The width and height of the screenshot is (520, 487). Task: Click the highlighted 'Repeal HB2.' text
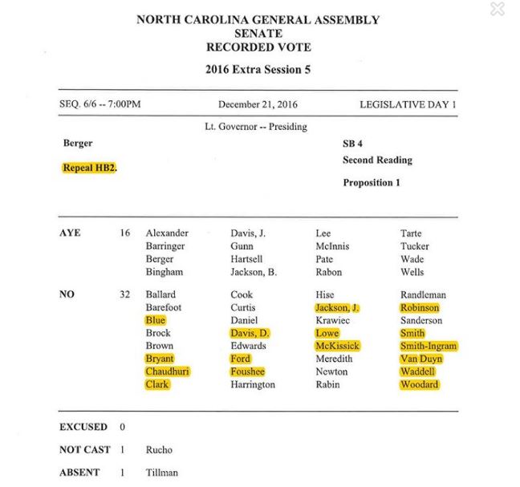(x=90, y=168)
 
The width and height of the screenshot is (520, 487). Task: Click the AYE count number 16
(x=124, y=233)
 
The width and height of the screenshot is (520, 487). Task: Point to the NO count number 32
(x=124, y=294)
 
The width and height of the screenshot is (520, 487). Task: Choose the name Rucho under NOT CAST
(x=159, y=450)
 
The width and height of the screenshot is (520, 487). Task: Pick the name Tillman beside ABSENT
(x=162, y=473)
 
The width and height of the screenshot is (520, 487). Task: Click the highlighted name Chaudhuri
(x=168, y=371)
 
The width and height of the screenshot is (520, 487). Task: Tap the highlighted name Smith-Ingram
(x=429, y=346)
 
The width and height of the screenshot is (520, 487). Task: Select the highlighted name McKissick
(x=338, y=346)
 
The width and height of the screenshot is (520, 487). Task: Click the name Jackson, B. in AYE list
(x=254, y=272)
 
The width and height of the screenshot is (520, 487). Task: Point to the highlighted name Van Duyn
(x=421, y=359)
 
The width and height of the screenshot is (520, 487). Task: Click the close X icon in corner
(x=498, y=10)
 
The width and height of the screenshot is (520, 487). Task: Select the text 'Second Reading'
(x=377, y=160)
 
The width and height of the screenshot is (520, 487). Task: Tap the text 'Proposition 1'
(x=372, y=183)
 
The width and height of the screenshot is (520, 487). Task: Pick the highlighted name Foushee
(x=248, y=371)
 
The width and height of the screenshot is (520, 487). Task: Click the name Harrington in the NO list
(x=253, y=384)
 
